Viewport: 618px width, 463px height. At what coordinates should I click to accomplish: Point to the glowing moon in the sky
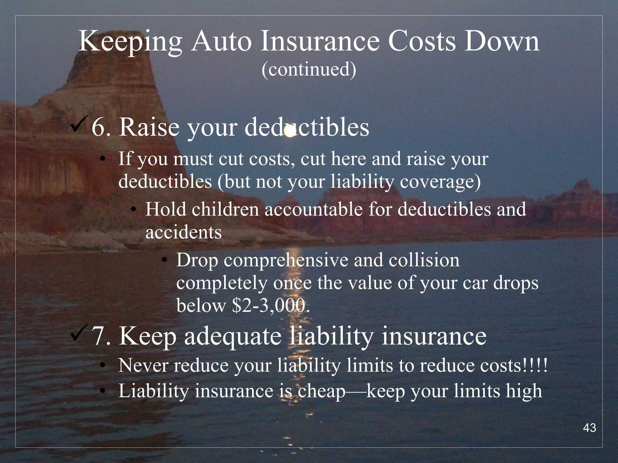[290, 132]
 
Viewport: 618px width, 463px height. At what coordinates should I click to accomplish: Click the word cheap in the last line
[321, 391]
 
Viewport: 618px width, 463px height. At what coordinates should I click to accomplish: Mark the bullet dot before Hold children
[133, 209]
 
